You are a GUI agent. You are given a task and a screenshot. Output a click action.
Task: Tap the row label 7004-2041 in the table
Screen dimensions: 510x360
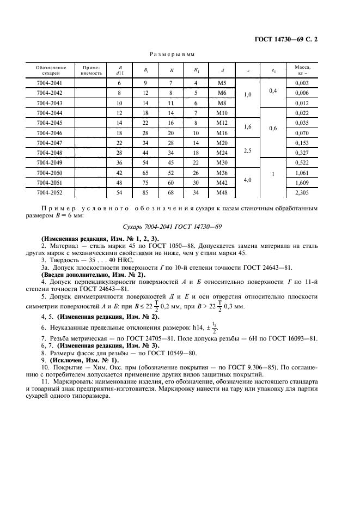tap(49, 82)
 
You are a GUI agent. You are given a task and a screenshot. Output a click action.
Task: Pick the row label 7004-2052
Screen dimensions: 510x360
tap(49, 192)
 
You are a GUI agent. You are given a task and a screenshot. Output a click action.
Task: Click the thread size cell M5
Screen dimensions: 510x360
tap(222, 82)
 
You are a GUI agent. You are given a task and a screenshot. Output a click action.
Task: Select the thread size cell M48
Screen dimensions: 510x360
tap(222, 192)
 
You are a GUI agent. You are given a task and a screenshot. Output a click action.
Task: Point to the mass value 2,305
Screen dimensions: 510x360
tap(301, 192)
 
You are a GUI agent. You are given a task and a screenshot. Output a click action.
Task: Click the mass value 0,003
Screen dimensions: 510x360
tap(301, 82)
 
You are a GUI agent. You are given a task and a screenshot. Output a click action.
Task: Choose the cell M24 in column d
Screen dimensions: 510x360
tap(222, 153)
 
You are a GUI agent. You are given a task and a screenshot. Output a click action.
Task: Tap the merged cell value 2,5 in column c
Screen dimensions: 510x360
tap(248, 148)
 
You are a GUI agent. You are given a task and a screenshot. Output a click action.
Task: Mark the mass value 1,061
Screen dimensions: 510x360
tap(301, 173)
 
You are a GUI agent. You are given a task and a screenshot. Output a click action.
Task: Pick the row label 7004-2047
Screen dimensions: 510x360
tap(49, 142)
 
